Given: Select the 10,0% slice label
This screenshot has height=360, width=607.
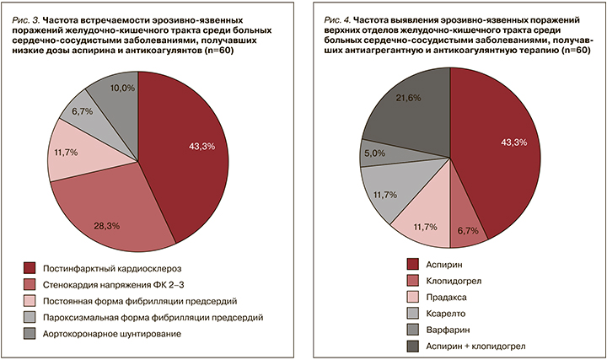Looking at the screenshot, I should click(123, 89).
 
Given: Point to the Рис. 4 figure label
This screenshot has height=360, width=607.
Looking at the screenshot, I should click(343, 16).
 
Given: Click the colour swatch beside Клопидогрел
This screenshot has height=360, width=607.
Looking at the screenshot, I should click(414, 279).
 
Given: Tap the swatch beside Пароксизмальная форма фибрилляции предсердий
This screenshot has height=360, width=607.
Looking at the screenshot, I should click(30, 318).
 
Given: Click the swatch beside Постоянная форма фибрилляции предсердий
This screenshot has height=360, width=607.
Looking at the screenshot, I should click(30, 301).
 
